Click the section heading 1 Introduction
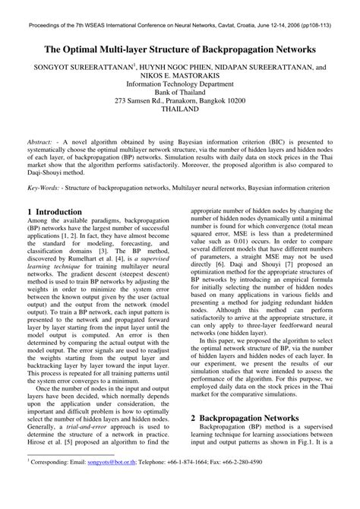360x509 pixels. click(55, 212)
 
